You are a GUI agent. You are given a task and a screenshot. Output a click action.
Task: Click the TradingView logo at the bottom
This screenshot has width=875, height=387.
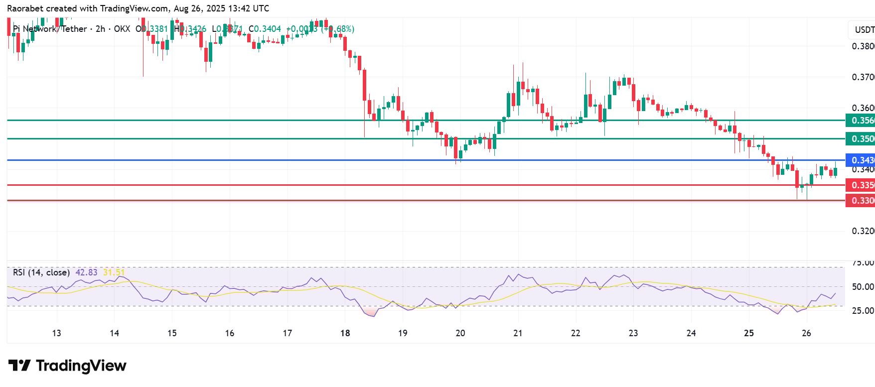click(x=67, y=366)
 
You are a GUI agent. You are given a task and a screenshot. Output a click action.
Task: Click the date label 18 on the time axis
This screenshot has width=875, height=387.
click(x=345, y=333)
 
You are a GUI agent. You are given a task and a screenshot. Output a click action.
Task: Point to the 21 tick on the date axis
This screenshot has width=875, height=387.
click(x=518, y=333)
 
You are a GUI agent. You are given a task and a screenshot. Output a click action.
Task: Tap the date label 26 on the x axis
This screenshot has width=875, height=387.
click(x=806, y=333)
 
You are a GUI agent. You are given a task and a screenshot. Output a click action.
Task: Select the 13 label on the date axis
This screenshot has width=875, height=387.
click(x=56, y=333)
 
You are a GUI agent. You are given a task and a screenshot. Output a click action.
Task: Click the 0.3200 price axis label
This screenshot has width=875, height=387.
click(x=863, y=231)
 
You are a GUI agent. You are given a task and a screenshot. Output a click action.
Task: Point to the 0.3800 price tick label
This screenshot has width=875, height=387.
click(x=863, y=46)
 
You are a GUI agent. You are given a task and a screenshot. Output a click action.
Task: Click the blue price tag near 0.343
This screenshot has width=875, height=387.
click(x=861, y=160)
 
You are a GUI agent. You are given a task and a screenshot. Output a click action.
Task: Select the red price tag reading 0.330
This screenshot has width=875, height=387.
click(x=861, y=201)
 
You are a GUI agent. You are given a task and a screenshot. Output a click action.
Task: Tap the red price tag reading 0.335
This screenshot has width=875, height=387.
click(x=861, y=185)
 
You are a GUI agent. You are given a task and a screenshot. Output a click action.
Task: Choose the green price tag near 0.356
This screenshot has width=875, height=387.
click(x=861, y=121)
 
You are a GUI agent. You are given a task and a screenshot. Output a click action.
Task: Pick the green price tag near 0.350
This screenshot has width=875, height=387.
click(x=861, y=138)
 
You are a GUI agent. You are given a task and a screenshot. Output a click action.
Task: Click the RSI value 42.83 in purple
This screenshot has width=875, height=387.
click(x=86, y=272)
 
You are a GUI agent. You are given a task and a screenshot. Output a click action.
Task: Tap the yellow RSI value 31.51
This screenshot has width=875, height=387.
click(x=114, y=272)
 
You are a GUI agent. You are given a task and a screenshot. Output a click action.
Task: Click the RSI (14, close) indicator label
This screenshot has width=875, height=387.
click(x=41, y=272)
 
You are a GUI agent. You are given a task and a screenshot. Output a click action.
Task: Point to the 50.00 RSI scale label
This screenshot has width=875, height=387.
click(x=863, y=287)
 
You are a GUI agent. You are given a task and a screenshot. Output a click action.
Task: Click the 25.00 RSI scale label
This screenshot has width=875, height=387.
click(x=863, y=311)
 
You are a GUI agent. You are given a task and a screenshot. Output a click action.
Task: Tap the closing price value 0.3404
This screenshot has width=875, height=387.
click(x=268, y=29)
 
